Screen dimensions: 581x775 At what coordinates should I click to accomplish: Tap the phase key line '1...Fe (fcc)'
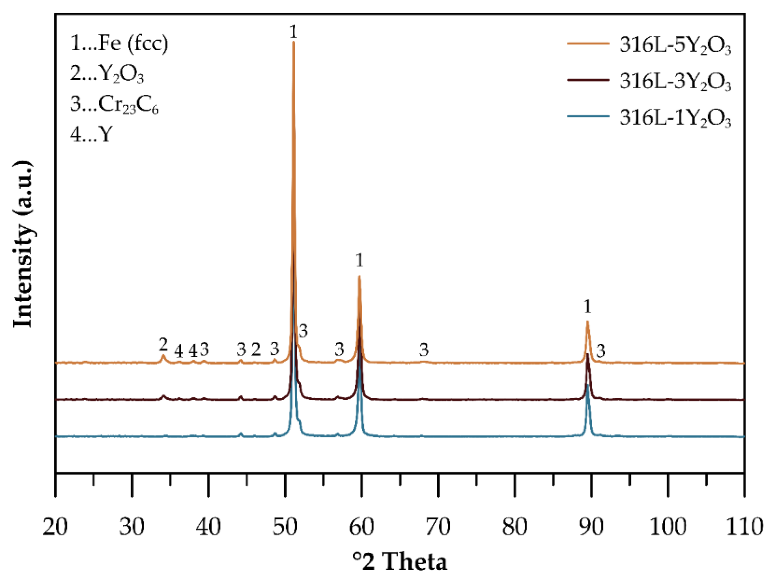click(x=119, y=44)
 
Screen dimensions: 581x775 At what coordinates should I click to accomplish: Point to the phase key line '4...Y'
click(x=91, y=134)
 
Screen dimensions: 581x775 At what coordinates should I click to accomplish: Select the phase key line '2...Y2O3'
click(x=107, y=74)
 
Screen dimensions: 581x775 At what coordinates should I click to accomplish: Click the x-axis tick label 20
click(x=55, y=526)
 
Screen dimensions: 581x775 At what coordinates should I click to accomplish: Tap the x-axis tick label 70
click(x=438, y=526)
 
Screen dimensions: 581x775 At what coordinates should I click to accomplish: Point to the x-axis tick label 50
click(x=285, y=526)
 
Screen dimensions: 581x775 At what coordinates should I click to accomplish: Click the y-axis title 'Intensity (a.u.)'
click(x=22, y=244)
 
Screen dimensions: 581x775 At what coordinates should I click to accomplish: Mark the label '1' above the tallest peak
click(x=293, y=32)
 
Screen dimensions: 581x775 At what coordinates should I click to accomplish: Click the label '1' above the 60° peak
click(x=360, y=260)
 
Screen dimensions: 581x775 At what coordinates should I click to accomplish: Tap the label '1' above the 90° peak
click(x=588, y=306)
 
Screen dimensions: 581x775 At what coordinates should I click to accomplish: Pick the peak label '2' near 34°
click(x=163, y=344)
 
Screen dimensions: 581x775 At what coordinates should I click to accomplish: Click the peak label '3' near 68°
click(x=424, y=349)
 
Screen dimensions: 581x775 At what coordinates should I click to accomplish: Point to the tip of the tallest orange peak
click(x=293, y=42)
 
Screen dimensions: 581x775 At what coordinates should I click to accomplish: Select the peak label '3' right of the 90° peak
click(x=601, y=351)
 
